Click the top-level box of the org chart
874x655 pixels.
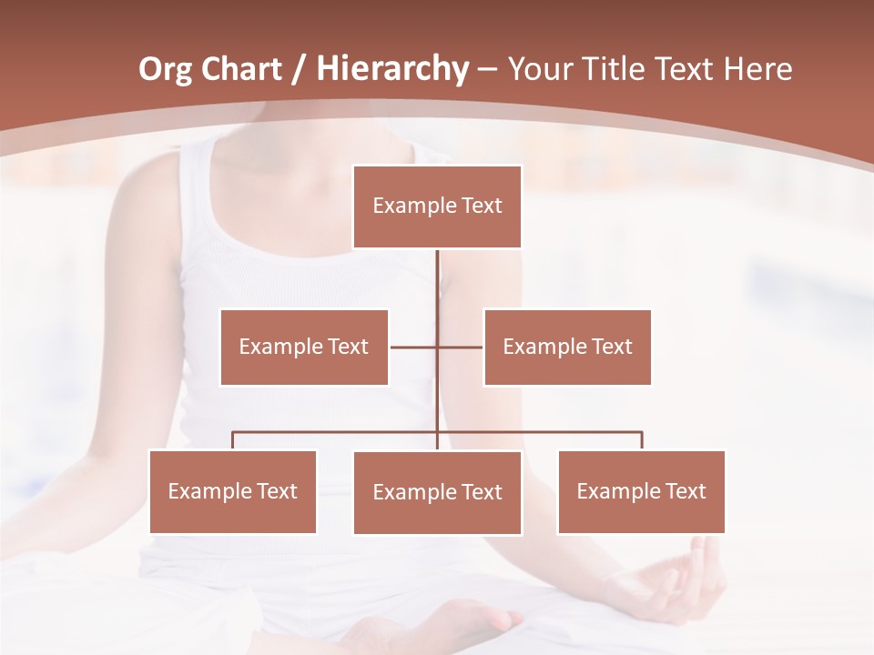click(x=437, y=207)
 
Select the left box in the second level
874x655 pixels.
click(x=304, y=347)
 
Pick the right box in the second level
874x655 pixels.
click(x=567, y=347)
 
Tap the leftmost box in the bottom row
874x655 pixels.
click(x=233, y=491)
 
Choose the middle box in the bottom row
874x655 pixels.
click(x=437, y=492)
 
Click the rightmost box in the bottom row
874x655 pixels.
click(x=641, y=491)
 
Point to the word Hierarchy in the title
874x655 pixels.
click(x=391, y=70)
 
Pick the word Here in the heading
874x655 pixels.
click(x=757, y=69)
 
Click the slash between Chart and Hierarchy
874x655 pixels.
click(x=298, y=70)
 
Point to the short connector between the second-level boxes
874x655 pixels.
click(x=414, y=347)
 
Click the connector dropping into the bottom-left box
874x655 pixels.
click(x=233, y=440)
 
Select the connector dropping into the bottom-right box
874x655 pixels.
click(x=642, y=440)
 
